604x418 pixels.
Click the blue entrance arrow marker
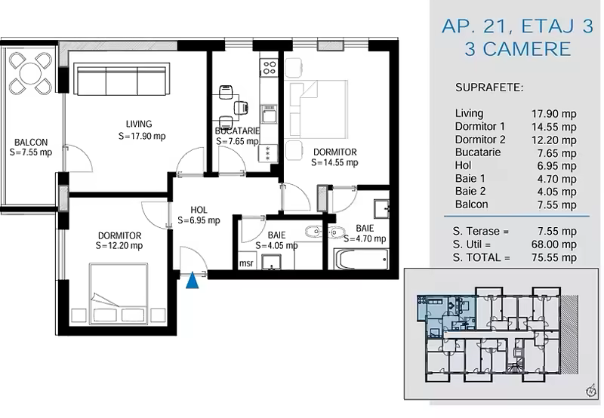(193, 281)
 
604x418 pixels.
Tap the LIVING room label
(139, 124)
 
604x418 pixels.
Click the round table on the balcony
(30, 73)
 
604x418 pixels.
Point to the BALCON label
(31, 143)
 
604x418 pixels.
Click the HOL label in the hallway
(199, 211)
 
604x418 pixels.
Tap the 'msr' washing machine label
(246, 263)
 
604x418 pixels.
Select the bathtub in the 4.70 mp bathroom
(362, 260)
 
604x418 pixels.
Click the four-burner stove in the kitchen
(269, 68)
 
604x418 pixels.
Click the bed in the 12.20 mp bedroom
(119, 294)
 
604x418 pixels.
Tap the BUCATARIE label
(237, 131)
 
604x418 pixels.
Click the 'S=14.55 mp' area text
(334, 163)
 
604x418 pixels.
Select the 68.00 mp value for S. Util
(554, 244)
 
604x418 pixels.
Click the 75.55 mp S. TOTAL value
(554, 257)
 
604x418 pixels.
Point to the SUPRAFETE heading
(489, 88)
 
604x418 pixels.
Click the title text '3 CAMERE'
(517, 49)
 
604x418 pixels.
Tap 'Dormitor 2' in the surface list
(480, 140)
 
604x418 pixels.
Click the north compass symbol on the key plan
(590, 391)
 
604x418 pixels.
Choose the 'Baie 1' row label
(470, 179)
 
